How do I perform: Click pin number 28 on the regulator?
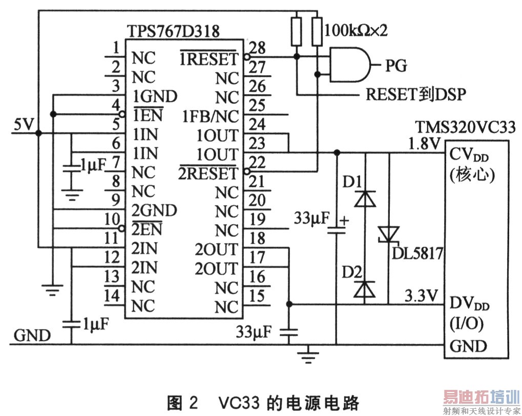[x=259, y=49]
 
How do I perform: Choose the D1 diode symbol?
[x=365, y=199]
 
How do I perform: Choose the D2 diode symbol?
[x=365, y=289]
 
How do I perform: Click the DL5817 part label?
[x=417, y=253]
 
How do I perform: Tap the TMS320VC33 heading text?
[x=465, y=126]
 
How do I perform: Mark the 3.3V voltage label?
[x=422, y=296]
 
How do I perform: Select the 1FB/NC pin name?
[x=210, y=117]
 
